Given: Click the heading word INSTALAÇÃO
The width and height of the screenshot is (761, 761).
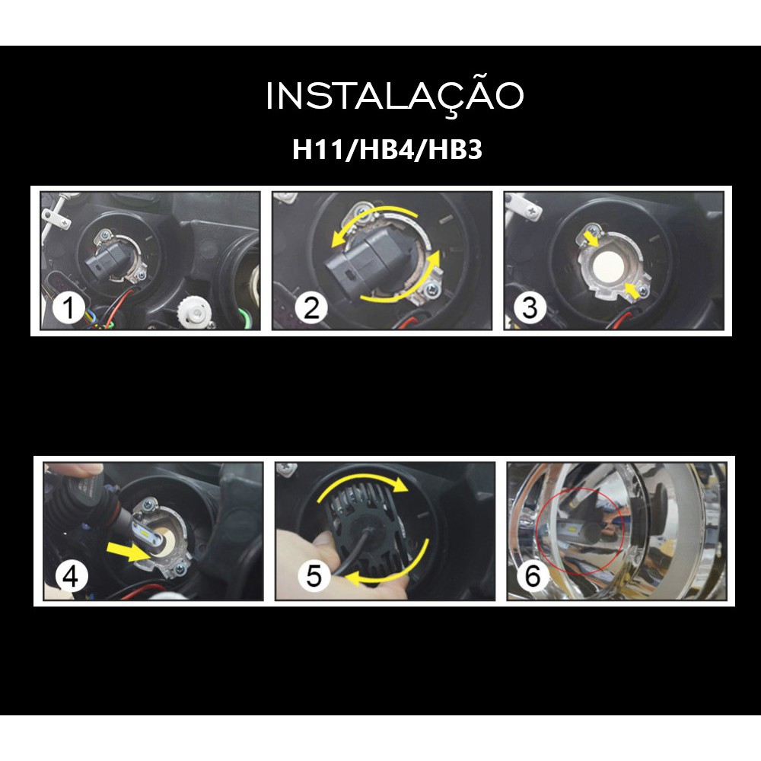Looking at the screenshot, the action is [394, 96].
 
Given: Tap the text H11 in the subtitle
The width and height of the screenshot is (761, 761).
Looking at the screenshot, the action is [318, 149].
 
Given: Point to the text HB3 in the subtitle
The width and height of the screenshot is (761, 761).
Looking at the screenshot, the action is [455, 149].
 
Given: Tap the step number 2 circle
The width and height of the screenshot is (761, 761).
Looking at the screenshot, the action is [311, 307].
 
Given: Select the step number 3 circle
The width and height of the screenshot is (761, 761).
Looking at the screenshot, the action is [530, 307].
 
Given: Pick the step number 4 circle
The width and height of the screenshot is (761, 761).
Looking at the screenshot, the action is [71, 577].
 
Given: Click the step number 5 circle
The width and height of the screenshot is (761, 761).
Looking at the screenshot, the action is [314, 575].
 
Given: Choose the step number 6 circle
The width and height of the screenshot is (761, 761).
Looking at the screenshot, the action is [533, 575].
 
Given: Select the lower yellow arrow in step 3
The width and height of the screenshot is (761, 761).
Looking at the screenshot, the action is [632, 290].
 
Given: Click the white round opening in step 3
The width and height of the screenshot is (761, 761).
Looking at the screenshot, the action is [608, 265].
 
